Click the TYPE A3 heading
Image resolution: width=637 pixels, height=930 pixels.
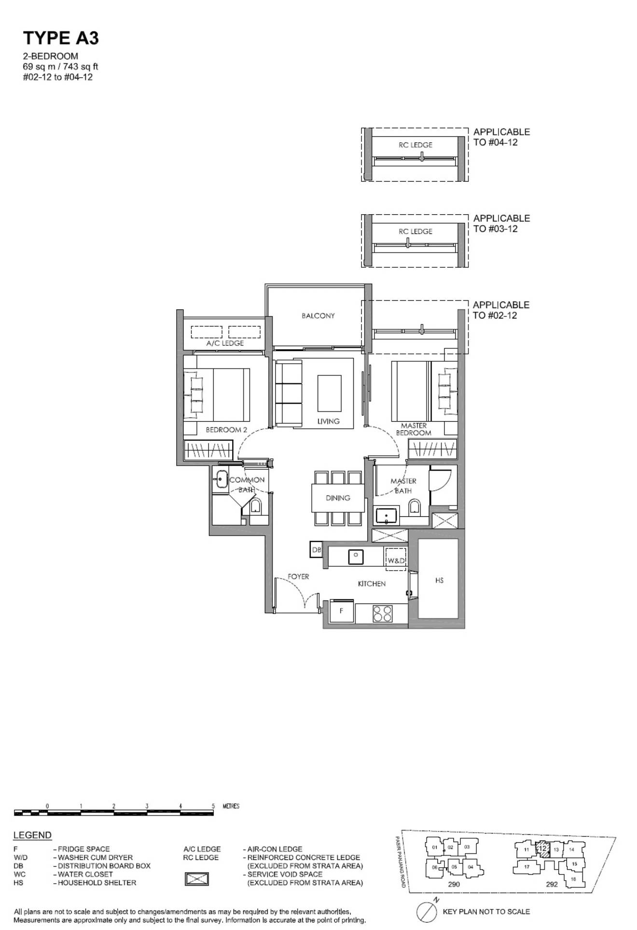point(61,38)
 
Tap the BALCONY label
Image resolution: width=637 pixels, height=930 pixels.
point(318,315)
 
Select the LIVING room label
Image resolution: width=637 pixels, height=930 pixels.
point(328,421)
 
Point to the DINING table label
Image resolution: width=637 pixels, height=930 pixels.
point(338,498)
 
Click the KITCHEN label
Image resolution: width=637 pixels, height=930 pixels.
point(372,584)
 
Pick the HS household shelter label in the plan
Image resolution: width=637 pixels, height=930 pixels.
point(439,580)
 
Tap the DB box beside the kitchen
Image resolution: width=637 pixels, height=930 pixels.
point(316,549)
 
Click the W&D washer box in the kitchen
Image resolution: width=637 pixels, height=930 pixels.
point(396,561)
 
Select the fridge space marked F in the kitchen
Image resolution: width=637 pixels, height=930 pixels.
point(342,611)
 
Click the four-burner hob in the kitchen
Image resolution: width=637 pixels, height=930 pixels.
point(382,614)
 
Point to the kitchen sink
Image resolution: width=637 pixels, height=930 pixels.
point(356,556)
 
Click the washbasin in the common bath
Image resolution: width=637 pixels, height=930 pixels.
point(222,479)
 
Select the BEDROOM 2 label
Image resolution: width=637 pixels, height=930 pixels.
point(226,430)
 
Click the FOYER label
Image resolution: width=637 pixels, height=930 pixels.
point(298,576)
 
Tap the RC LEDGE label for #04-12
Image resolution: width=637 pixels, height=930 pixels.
point(415,145)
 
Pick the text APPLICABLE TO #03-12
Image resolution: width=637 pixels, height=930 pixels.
point(501,223)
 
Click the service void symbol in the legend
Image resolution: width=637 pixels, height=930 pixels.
point(197,878)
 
